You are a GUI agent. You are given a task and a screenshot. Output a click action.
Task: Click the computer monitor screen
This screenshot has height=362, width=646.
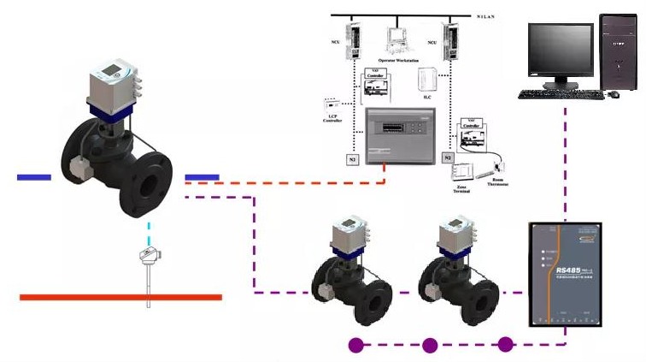[560, 50]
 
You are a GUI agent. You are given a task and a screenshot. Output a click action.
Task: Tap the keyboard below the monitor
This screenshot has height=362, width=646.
[560, 93]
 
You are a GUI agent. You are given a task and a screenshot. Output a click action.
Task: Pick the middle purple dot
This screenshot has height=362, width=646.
[429, 346]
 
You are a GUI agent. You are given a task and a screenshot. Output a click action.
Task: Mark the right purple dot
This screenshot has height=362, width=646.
[506, 346]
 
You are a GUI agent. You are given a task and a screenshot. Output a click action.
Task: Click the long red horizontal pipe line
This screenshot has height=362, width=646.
[120, 297]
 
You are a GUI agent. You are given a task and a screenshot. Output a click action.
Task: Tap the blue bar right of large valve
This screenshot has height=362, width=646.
[203, 177]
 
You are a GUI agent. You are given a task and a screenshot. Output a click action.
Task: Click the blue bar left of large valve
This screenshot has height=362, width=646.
[33, 177]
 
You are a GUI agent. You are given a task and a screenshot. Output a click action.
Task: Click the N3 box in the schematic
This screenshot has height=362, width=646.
[351, 159]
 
